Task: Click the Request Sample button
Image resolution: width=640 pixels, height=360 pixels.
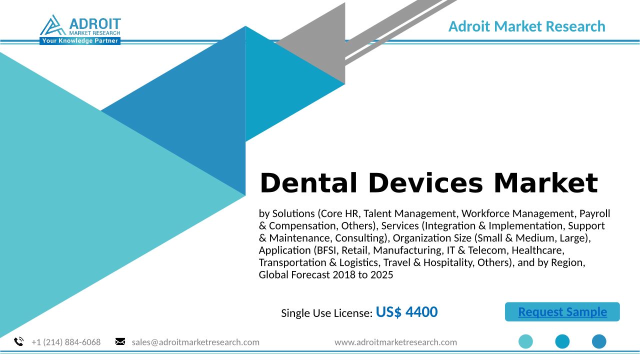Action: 562,311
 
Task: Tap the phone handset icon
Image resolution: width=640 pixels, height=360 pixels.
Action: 19,341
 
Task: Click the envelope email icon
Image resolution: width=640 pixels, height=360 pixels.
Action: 120,341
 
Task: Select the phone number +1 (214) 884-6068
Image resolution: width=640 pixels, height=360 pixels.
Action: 66,342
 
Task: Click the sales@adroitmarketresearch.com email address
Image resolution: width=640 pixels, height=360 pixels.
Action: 195,342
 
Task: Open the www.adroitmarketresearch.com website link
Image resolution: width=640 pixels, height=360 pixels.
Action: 395,342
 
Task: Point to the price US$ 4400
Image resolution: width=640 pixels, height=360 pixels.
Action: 406,311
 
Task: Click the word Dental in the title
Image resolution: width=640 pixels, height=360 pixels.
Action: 308,183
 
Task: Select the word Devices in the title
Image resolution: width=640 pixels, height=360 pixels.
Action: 425,183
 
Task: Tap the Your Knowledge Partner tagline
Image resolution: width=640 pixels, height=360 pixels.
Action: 80,41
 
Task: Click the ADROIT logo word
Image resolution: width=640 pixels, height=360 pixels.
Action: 95,24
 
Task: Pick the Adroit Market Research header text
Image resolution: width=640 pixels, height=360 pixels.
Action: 527,26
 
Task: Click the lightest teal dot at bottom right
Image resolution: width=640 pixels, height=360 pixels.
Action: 525,341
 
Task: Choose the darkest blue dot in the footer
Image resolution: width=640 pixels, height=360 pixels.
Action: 599,341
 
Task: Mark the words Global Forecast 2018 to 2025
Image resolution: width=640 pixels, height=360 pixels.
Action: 326,275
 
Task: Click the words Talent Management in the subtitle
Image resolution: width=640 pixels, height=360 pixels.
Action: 409,213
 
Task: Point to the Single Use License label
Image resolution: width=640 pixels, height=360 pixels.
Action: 327,313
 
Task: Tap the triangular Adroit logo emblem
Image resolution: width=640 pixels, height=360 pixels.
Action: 53,25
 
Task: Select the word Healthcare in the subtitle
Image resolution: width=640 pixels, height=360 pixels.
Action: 538,250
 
